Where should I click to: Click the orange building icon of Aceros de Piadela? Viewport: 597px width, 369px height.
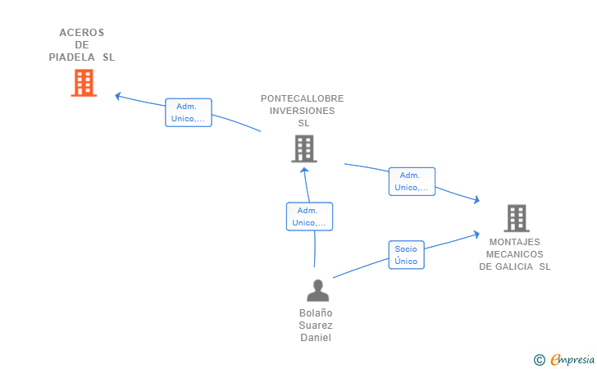point(84,83)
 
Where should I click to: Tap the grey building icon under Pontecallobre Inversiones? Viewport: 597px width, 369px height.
point(303,148)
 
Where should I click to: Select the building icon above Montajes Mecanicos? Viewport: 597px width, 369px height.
point(516,218)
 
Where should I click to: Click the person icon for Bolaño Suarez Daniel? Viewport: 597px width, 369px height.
point(317,290)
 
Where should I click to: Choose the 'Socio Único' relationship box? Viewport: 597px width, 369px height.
point(406,255)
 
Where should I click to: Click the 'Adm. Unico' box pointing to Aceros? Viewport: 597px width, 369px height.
point(189,112)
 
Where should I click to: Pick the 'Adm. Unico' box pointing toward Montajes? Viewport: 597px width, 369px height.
point(412,181)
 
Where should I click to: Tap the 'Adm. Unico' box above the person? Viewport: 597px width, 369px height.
point(309,216)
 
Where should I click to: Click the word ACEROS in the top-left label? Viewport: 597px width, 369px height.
point(82,33)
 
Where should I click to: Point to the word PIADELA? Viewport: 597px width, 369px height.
point(73,57)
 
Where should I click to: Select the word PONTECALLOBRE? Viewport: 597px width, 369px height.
point(303,98)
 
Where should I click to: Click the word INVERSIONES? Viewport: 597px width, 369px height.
point(303,111)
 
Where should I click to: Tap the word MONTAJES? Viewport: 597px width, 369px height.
point(515,242)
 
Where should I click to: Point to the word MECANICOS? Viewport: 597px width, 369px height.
point(515,254)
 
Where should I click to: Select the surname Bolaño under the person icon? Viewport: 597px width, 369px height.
point(316,313)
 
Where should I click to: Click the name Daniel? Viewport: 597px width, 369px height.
point(316,338)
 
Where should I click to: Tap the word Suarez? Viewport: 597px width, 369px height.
point(316,326)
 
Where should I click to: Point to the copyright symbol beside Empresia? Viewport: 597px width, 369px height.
point(539,359)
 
